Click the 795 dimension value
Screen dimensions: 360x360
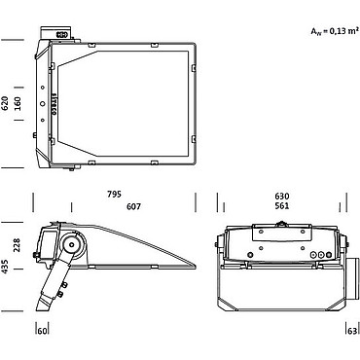[114, 194]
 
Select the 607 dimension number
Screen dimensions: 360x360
[133, 206]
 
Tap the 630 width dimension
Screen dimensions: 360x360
[282, 197]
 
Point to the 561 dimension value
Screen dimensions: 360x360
[282, 206]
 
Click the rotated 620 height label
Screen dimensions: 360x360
[5, 103]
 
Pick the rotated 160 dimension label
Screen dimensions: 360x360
[18, 103]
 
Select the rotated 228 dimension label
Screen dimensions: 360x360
[17, 245]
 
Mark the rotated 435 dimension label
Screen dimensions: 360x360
[5, 267]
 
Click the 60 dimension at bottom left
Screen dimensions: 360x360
[42, 331]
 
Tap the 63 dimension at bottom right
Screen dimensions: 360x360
[352, 331]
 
